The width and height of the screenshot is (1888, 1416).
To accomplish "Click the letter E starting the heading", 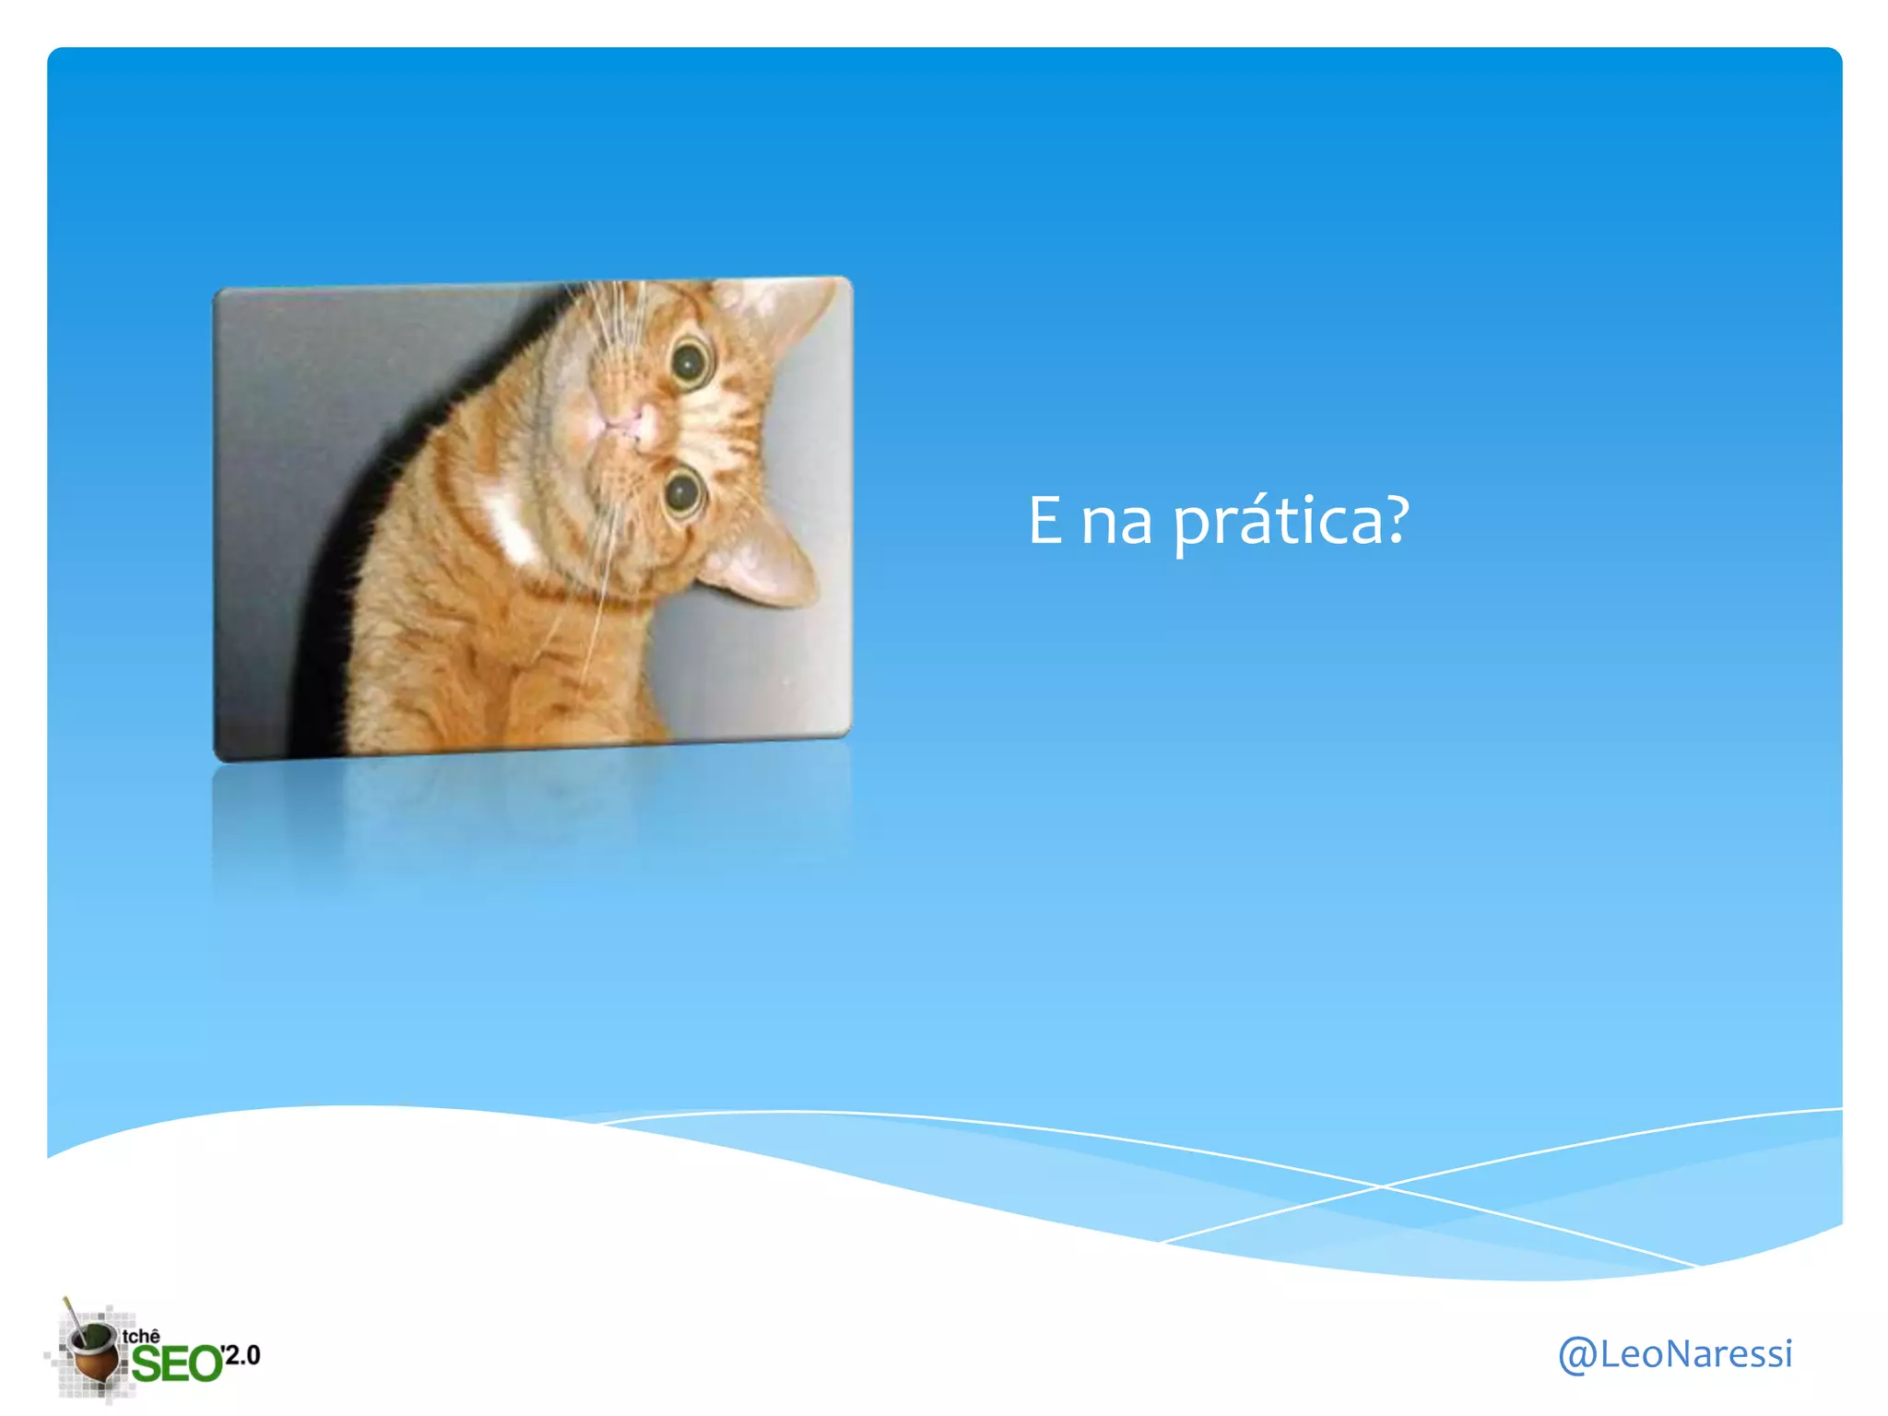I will point(1044,521).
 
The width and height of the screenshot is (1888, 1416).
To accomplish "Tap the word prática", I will point(1276,522).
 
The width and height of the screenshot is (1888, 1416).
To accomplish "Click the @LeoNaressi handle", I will point(1674,1354).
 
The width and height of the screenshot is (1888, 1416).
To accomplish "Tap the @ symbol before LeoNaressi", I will point(1577,1355).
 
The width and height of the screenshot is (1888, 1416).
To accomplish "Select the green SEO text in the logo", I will point(176,1363).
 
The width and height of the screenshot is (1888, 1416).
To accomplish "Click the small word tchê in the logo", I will point(141,1336).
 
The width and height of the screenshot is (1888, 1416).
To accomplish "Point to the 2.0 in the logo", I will point(242,1354).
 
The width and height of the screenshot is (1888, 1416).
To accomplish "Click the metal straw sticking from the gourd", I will point(71,1315).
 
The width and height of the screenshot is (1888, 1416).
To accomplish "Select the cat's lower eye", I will point(684,494).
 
